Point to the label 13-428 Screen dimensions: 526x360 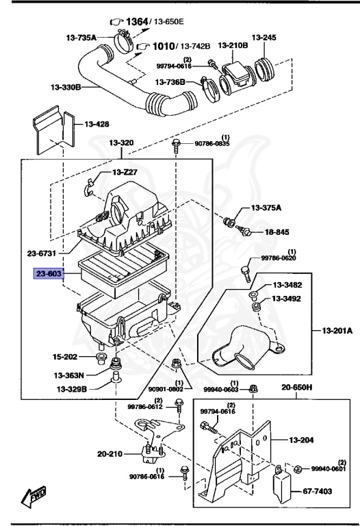coord(97,125)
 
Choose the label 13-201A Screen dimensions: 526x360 coord(337,330)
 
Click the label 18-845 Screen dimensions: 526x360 coord(277,232)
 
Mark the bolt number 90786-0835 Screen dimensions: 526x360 coord(213,144)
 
